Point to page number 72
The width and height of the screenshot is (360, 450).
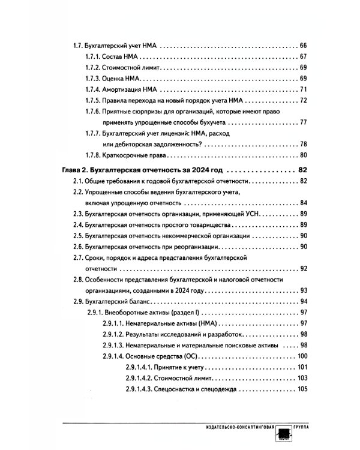coord(303,100)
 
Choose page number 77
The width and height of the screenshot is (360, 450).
coord(303,122)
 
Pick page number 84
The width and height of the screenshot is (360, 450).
coord(303,202)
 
